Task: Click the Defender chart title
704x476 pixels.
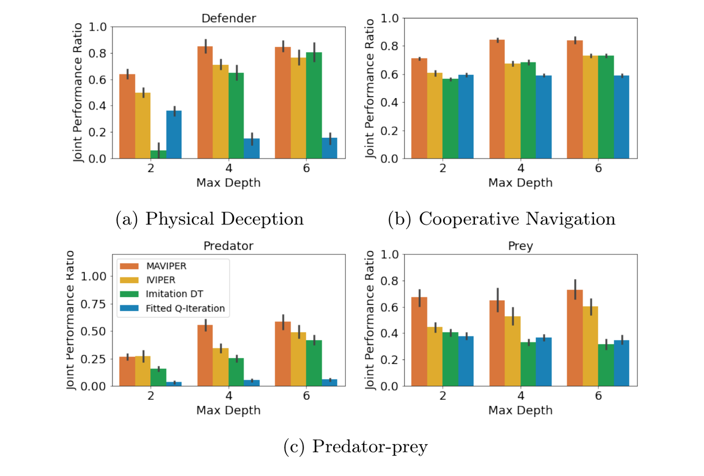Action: tap(228, 18)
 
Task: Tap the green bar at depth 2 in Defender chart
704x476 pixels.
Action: tap(158, 155)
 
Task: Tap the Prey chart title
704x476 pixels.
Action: tap(520, 246)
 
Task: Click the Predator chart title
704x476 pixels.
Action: tap(228, 246)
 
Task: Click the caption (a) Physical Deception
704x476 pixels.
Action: tap(210, 219)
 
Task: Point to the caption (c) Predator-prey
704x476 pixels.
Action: tap(355, 446)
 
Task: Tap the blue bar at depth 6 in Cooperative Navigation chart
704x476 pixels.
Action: tap(622, 117)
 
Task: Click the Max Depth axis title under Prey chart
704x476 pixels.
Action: tap(520, 411)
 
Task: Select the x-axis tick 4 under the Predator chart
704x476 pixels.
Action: tap(228, 397)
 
